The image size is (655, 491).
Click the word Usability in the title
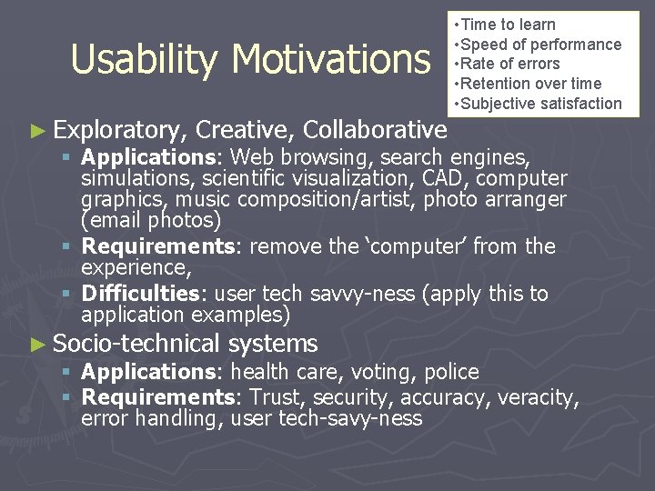145,60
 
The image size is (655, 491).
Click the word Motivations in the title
331,60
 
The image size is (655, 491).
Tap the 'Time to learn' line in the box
509,25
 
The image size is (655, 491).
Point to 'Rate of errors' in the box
511,64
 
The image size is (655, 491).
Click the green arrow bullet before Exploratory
36,130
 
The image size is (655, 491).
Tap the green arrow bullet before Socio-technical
36,344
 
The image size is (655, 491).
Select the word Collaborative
375,130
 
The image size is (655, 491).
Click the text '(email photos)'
151,220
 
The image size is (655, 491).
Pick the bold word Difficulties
140,294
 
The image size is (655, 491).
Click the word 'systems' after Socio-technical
273,344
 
